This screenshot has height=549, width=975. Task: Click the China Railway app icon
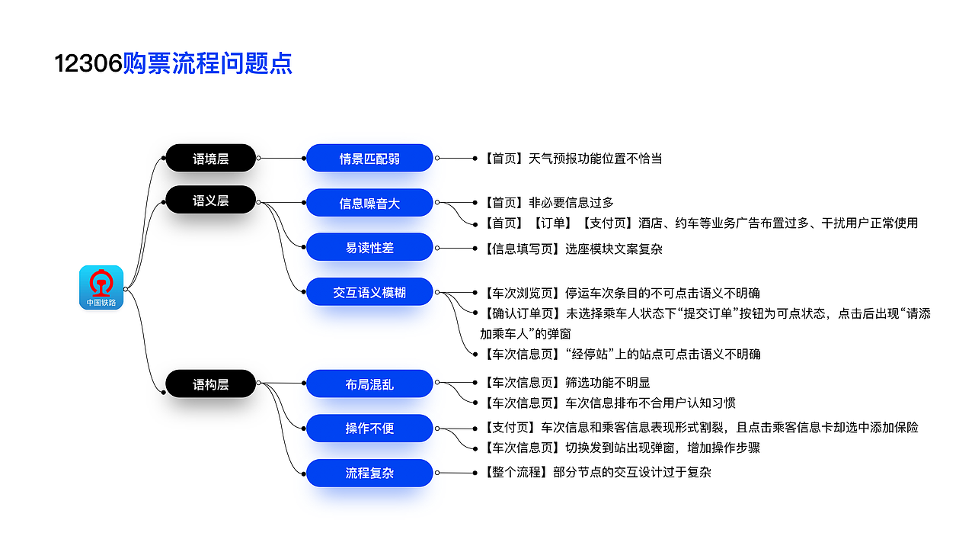101,287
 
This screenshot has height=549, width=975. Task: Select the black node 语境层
211,158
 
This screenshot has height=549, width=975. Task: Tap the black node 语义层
211,200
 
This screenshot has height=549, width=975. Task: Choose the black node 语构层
211,384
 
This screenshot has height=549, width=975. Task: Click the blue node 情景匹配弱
369,158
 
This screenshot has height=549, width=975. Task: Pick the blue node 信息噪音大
369,203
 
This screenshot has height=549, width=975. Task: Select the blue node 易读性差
369,247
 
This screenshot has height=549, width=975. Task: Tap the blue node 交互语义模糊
369,292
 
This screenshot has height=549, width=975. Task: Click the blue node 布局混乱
369,384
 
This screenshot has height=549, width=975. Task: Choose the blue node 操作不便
369,429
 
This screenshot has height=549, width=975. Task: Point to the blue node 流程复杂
369,473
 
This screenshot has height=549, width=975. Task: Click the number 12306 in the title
88,63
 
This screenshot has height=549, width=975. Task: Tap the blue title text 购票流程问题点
208,63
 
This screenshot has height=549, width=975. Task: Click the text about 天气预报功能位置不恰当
571,158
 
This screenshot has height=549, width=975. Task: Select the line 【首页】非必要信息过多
547,203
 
